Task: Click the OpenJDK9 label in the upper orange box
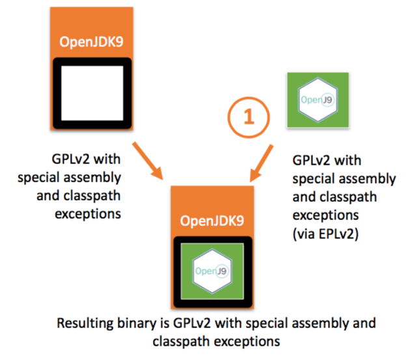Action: [x=91, y=42]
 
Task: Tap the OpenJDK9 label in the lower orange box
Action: [x=212, y=221]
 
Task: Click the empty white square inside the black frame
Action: [x=92, y=93]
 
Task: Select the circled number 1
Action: [x=249, y=117]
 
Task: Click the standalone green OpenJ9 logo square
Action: [x=318, y=100]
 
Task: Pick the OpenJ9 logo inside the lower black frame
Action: [x=212, y=271]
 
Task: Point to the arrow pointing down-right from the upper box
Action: [x=148, y=161]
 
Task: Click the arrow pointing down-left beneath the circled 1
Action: [x=261, y=163]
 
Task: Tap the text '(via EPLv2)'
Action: [x=326, y=234]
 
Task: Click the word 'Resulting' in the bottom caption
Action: [x=85, y=324]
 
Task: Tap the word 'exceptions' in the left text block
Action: [x=88, y=214]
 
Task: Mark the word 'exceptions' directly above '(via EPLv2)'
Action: [x=326, y=215]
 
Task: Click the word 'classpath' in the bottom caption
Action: [x=182, y=342]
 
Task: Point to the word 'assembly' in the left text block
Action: [x=92, y=178]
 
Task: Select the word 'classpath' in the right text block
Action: [x=348, y=197]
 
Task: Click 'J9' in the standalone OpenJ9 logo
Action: [x=327, y=100]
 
